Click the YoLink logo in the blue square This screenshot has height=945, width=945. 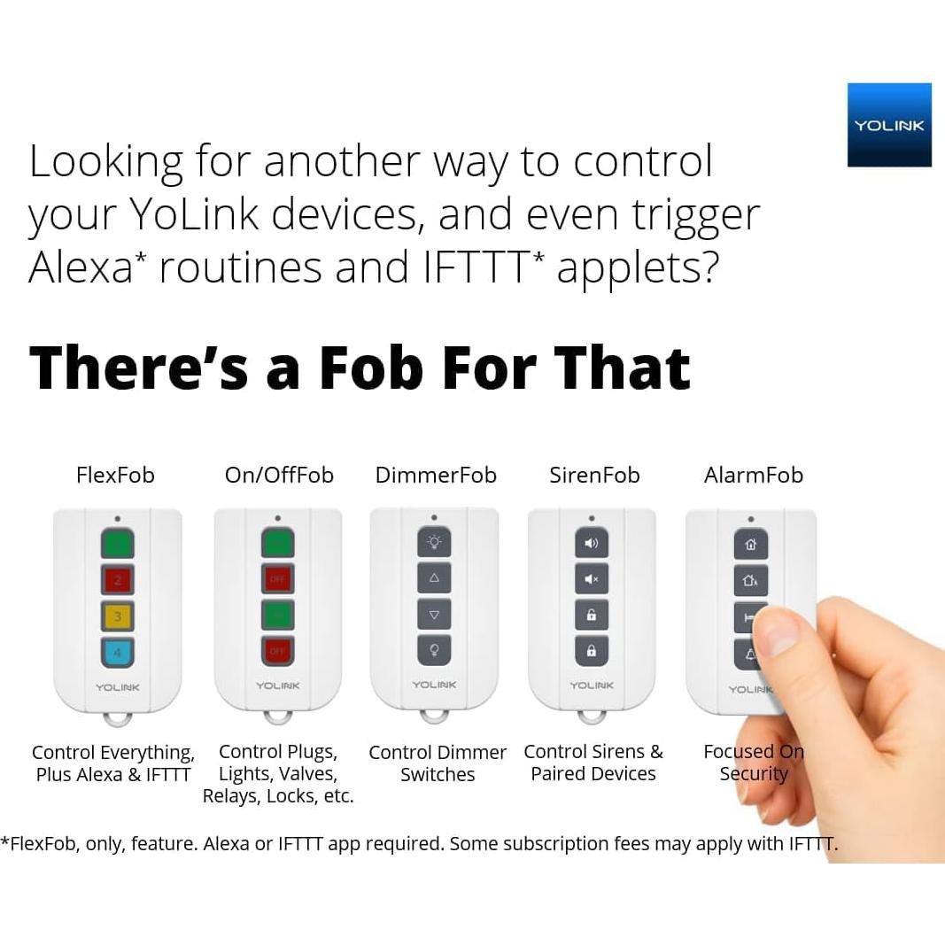[x=889, y=125]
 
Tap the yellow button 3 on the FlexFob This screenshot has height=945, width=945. [x=118, y=616]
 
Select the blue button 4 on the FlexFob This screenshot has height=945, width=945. [x=118, y=652]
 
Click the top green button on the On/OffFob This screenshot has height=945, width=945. [x=278, y=543]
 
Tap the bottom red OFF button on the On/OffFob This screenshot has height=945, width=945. [x=278, y=651]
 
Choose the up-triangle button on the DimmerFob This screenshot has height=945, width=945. [x=434, y=578]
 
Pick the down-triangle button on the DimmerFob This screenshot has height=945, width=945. [x=434, y=614]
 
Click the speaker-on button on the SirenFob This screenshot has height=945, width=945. [x=592, y=543]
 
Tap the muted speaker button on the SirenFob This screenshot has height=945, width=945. [x=592, y=578]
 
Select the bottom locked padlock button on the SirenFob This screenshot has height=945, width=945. [x=592, y=651]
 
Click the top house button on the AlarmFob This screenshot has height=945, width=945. [x=750, y=544]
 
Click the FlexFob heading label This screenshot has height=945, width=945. [x=115, y=475]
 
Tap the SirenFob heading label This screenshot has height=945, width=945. [x=594, y=475]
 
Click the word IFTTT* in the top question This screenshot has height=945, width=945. [x=484, y=267]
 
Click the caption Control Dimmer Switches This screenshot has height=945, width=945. [x=438, y=763]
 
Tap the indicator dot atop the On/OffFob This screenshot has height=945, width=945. [x=278, y=518]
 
